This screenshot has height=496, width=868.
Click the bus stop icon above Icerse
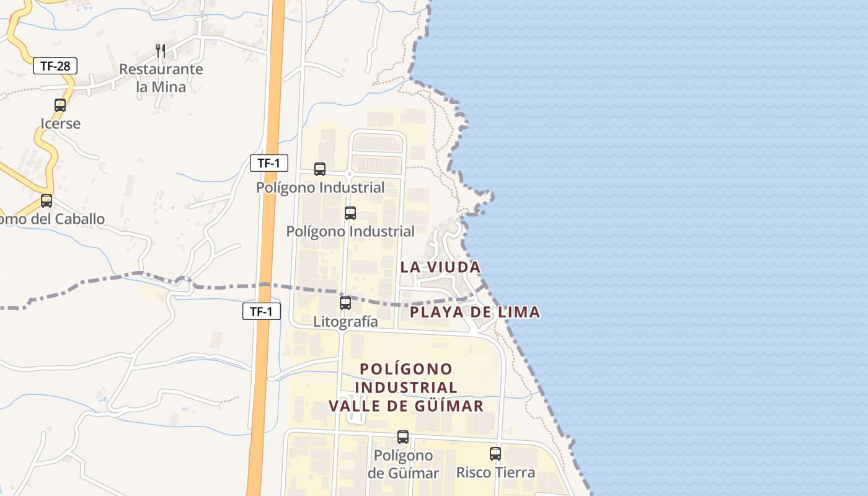[x=60, y=105]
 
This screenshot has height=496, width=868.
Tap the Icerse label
[x=61, y=123]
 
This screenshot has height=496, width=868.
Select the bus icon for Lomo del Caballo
[x=46, y=201]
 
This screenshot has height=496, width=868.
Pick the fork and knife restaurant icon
[x=161, y=50]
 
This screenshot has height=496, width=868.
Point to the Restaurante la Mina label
[x=161, y=77]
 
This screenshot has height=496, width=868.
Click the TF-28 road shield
[x=55, y=66]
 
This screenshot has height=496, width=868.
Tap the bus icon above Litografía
[x=345, y=303]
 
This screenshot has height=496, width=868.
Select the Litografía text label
[x=345, y=322]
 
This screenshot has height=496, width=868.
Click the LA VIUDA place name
[x=440, y=267]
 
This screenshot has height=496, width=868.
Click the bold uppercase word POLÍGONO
[x=407, y=369]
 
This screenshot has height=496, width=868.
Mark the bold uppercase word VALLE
[x=354, y=406]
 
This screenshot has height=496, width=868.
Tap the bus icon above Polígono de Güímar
[x=403, y=437]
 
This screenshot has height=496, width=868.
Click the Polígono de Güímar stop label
[x=403, y=464]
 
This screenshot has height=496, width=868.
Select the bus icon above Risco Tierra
[x=495, y=454]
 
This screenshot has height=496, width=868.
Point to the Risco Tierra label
[x=495, y=472]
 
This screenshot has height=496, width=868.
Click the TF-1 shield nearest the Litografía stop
[x=261, y=312]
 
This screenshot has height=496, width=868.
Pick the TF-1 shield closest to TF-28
[x=269, y=164]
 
